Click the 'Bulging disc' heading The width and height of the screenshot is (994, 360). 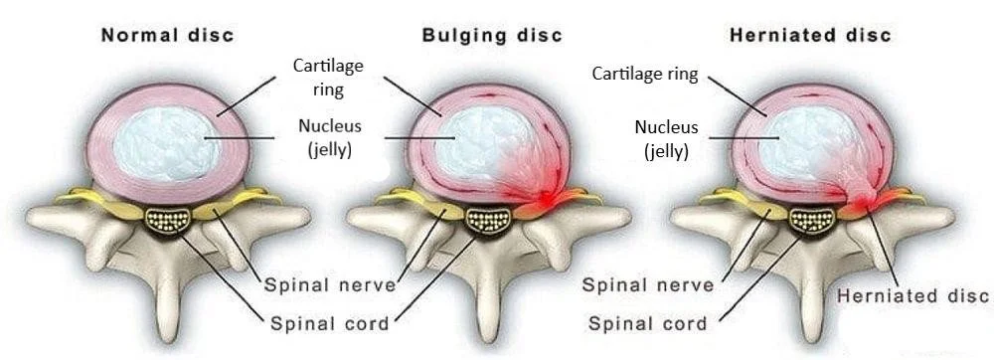492,36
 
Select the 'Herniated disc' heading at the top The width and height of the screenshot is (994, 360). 810,36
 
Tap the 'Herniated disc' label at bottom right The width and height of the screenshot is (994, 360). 913,295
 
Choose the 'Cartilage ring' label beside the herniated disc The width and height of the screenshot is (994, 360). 645,74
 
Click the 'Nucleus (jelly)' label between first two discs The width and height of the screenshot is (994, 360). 328,137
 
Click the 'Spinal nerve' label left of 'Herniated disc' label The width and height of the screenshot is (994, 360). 647,285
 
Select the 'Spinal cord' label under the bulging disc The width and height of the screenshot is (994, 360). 329,323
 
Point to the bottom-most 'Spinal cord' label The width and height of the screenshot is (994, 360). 647,323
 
